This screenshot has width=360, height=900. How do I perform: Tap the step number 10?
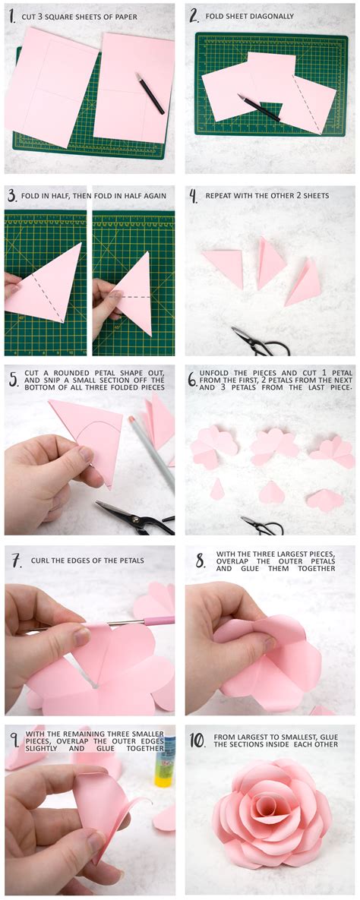click(197, 739)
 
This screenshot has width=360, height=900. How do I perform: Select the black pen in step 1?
click(150, 93)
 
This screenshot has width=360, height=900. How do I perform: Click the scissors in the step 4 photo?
click(260, 342)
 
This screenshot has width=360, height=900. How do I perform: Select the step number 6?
click(193, 377)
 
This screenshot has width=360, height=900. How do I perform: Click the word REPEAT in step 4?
click(223, 195)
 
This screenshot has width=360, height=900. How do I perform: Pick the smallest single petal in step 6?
click(217, 489)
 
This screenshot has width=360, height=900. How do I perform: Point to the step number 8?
click(200, 561)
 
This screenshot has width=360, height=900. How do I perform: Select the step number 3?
click(12, 196)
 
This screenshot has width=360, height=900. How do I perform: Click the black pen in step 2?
click(258, 107)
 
